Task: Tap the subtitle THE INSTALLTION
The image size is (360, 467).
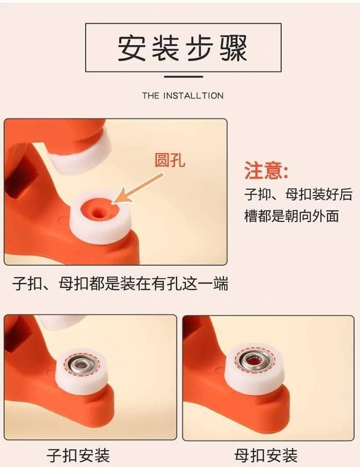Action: point(183,96)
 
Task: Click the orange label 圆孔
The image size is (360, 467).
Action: point(169,160)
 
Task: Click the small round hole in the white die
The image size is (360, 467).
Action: point(97,213)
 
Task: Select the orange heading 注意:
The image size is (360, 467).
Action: point(266,170)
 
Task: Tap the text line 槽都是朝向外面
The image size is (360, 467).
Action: point(291,216)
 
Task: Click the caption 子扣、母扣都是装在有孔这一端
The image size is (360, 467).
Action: point(120,283)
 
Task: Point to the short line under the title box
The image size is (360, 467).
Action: point(184,77)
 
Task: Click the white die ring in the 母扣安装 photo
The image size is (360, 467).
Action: point(254,369)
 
